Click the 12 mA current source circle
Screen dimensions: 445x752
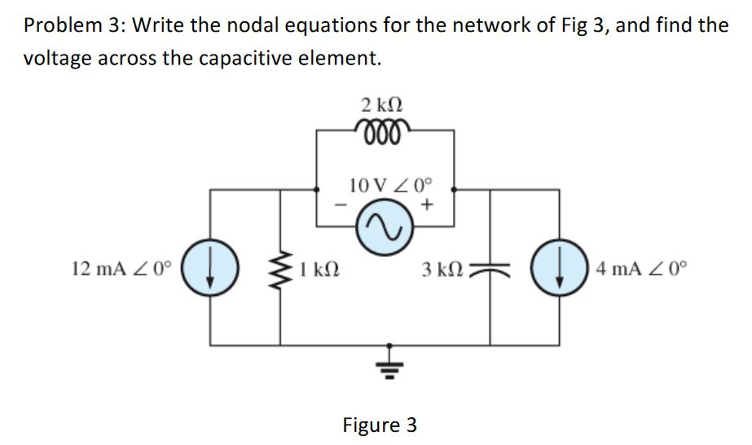[x=210, y=267]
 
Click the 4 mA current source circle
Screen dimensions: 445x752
[x=559, y=267]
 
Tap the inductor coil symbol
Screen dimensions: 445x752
[x=382, y=131]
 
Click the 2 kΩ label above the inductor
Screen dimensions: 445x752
[x=382, y=105]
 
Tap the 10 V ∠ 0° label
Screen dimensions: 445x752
[x=390, y=186]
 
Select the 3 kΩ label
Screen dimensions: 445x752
[x=442, y=270]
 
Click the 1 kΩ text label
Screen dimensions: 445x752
[x=319, y=270]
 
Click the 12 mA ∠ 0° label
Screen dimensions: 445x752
[x=122, y=269]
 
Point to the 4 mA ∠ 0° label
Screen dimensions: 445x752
[x=641, y=269]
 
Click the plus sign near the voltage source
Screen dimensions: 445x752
[x=426, y=204]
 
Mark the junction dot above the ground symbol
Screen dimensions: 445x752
[x=389, y=345]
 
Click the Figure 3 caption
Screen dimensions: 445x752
[x=379, y=425]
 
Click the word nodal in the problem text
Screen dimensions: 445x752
[x=253, y=25]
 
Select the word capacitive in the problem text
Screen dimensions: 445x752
[x=245, y=58]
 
